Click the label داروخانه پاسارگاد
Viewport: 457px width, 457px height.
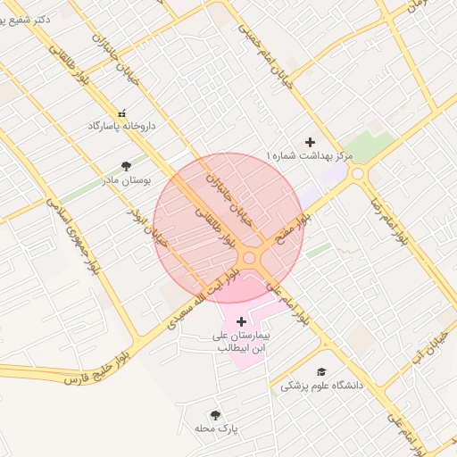point(122,127)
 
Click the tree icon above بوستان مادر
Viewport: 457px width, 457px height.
point(126,165)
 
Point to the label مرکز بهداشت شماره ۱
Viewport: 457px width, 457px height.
point(310,156)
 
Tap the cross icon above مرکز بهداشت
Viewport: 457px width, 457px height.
point(311,142)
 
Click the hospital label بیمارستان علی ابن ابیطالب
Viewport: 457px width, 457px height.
point(241,342)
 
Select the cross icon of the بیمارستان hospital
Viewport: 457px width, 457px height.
point(241,320)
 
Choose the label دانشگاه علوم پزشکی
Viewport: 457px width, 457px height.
point(322,386)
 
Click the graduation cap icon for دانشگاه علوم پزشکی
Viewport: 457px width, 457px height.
point(321,372)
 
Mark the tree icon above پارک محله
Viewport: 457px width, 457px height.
point(215,415)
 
